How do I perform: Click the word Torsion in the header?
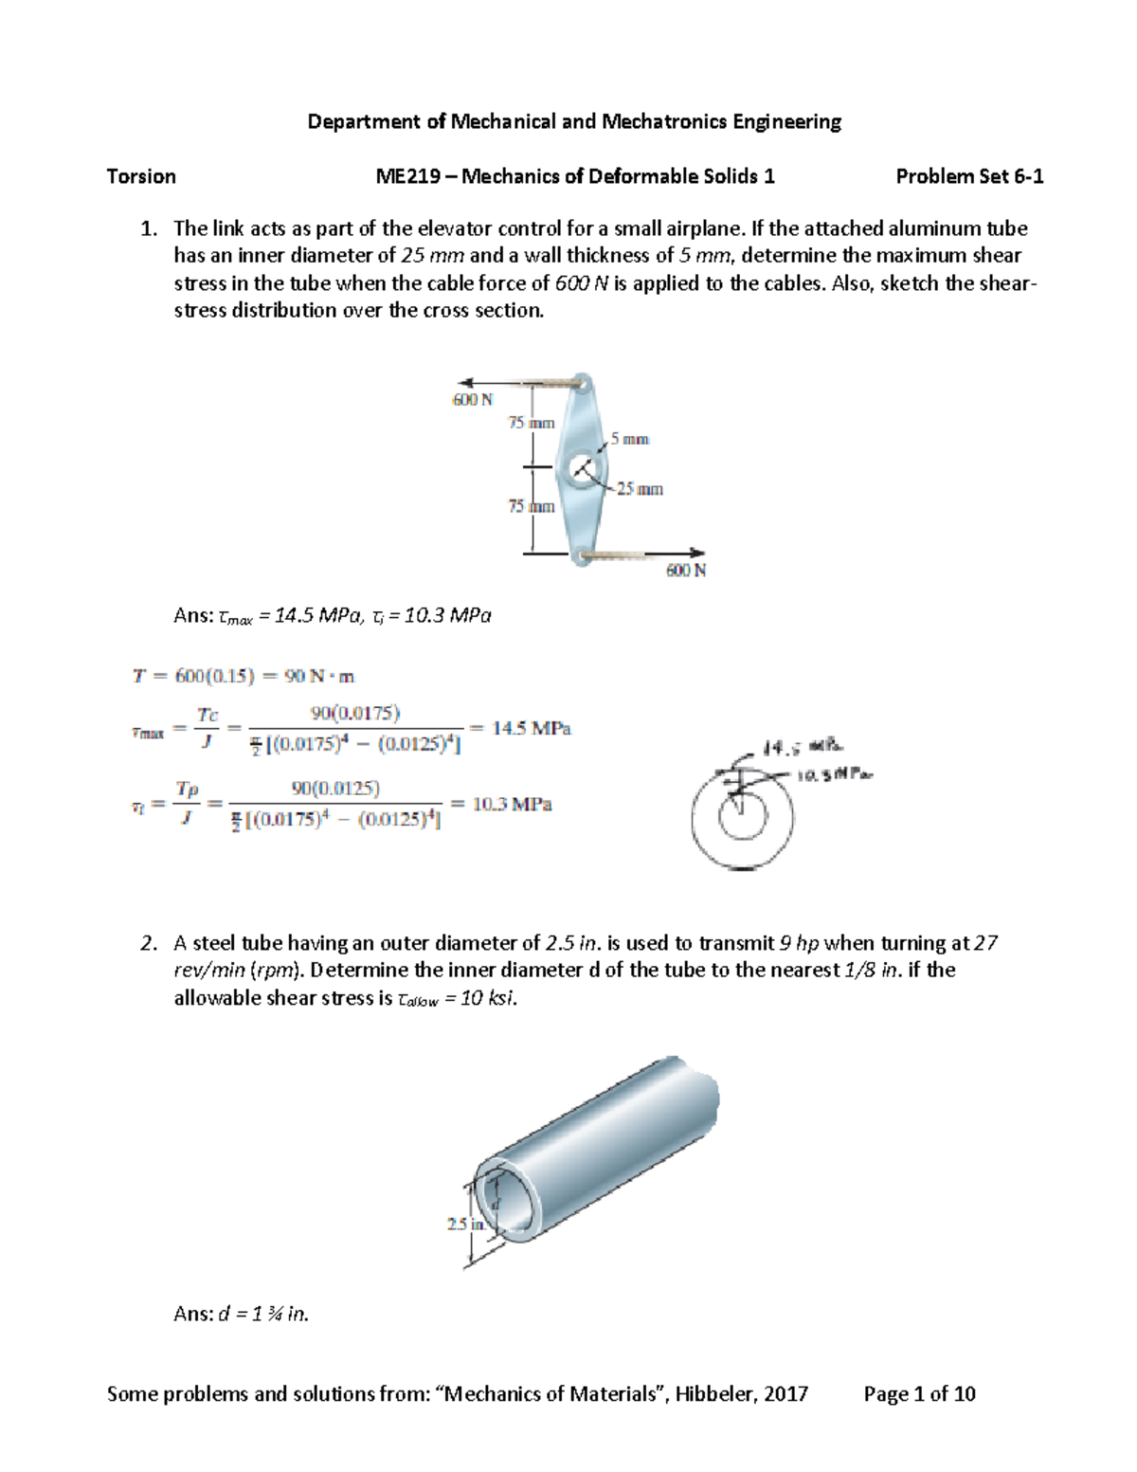(x=141, y=176)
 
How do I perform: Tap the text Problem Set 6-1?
(x=969, y=176)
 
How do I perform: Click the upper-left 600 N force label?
(x=472, y=400)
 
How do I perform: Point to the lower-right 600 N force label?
(x=685, y=571)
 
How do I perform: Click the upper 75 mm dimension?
(x=531, y=423)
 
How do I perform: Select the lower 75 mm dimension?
(x=531, y=507)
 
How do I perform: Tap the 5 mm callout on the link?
(x=629, y=439)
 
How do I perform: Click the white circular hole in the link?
(x=585, y=467)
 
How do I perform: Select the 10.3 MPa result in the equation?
(x=512, y=804)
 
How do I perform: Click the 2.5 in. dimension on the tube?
(x=465, y=1224)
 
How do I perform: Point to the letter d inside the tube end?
(x=494, y=1202)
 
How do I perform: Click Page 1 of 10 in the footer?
(x=919, y=1393)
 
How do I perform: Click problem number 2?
(x=147, y=943)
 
